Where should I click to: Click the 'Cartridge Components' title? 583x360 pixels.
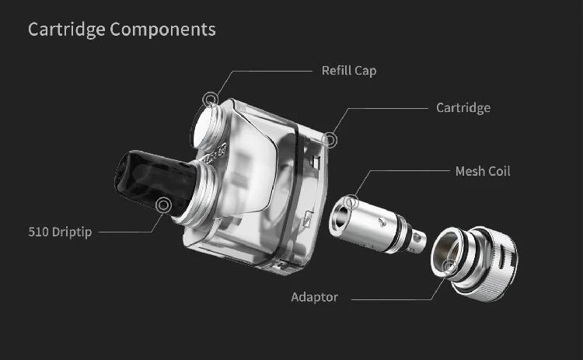(121, 30)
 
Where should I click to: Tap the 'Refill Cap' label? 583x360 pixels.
(349, 71)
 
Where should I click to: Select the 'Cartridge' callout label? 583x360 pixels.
(463, 108)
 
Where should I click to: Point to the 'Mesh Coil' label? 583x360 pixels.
(483, 171)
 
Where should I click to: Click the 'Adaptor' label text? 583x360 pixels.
(315, 297)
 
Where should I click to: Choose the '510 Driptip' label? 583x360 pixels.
(60, 232)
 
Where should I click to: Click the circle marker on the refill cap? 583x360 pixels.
(211, 100)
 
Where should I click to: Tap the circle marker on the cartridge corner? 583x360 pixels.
(330, 140)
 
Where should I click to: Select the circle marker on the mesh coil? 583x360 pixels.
(351, 203)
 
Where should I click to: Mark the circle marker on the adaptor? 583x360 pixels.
(450, 266)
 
